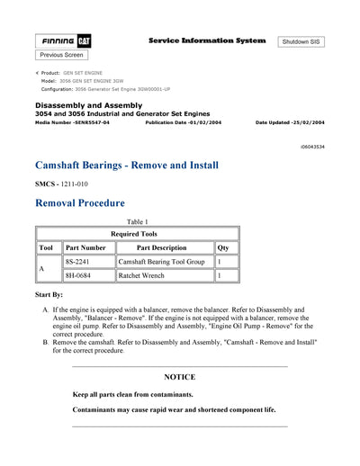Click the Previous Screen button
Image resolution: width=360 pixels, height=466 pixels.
tap(61, 55)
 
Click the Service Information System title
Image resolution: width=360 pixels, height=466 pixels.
tap(205, 41)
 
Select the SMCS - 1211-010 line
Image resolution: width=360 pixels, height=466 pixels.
tap(61, 184)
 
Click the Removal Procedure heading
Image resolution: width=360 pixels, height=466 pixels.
tap(79, 203)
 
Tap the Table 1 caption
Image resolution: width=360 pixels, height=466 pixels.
tap(137, 221)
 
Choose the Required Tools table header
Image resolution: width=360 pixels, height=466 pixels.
tap(137, 233)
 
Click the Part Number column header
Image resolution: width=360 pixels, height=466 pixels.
tap(86, 247)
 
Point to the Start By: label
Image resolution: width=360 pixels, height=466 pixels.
tap(49, 294)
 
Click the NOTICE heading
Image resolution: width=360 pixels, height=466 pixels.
tap(179, 377)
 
